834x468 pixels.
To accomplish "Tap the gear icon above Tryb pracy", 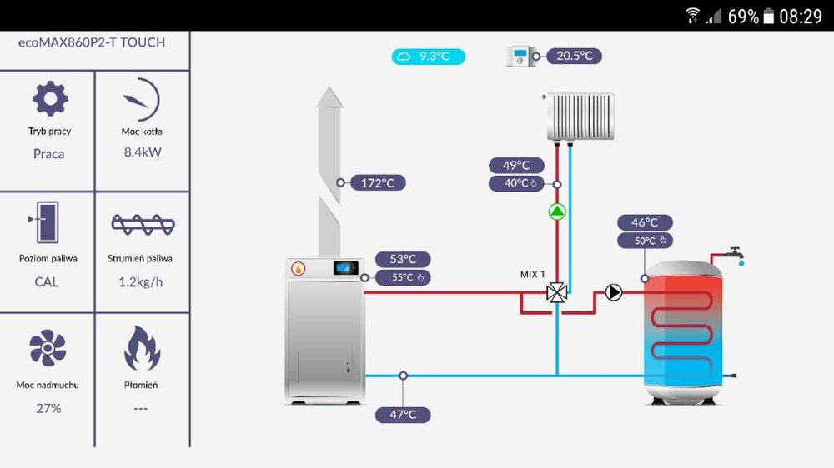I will click(49, 99).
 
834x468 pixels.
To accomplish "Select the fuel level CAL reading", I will click(47, 281).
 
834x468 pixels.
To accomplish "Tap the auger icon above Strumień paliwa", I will click(142, 224).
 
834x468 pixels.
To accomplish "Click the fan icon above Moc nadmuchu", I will click(48, 349).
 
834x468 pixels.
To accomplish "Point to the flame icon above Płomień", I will click(142, 349).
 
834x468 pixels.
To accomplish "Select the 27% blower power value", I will click(48, 408).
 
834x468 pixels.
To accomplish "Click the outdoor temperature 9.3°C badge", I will click(429, 57).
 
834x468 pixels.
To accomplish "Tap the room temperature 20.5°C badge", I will click(574, 56).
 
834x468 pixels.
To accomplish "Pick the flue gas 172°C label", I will click(378, 182).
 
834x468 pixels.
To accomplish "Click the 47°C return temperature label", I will click(403, 414).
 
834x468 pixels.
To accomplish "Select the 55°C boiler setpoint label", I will click(404, 277).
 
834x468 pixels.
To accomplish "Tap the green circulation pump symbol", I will click(557, 212).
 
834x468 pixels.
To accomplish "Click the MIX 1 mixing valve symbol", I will click(557, 292).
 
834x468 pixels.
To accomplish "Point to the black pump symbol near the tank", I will click(614, 292).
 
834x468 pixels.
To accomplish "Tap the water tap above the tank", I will click(735, 252).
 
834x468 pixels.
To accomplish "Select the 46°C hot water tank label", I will click(645, 222).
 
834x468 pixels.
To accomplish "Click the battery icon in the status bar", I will click(768, 16).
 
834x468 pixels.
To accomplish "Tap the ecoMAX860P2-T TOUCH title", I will click(92, 42).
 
